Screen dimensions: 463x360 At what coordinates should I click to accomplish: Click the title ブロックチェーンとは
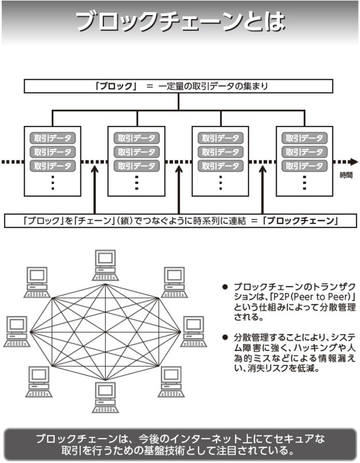pyautogui.click(x=180, y=22)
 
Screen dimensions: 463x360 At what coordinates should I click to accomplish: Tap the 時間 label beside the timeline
pyautogui.click(x=346, y=176)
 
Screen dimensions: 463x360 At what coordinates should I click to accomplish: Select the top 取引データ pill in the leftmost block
pyautogui.click(x=52, y=138)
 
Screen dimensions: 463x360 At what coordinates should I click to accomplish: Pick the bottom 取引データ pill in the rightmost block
pyautogui.click(x=304, y=166)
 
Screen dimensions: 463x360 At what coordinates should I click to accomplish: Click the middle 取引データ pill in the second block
pyautogui.click(x=137, y=152)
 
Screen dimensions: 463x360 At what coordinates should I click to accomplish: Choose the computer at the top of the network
pyautogui.click(x=105, y=265)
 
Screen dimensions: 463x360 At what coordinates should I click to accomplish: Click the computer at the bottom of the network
pyautogui.click(x=105, y=397)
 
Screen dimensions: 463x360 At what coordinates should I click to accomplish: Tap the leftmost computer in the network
pyautogui.click(x=17, y=331)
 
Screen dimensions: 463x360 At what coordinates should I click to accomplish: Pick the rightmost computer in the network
pyautogui.click(x=193, y=331)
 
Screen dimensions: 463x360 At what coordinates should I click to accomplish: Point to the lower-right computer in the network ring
pyautogui.click(x=171, y=381)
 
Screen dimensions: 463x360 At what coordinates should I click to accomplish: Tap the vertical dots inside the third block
pyautogui.click(x=220, y=182)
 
